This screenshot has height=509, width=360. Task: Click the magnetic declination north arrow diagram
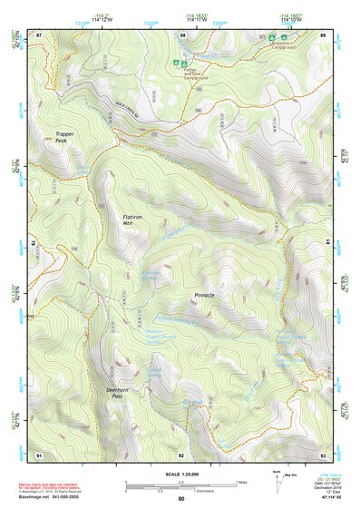click(x=276, y=479)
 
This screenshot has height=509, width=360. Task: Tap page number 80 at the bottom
click(x=180, y=500)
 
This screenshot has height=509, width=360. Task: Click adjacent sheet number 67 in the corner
click(x=39, y=34)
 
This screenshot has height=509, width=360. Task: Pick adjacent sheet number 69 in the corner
click(x=322, y=34)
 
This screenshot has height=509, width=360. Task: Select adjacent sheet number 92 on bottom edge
click(x=180, y=455)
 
